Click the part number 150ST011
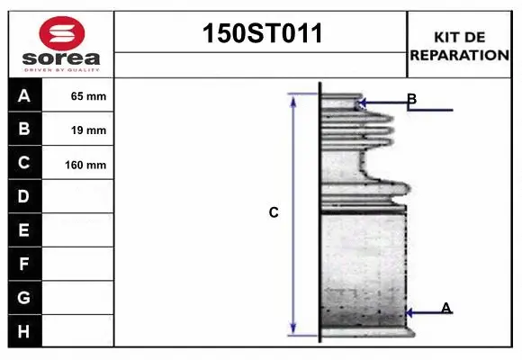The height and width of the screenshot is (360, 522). tap(260, 33)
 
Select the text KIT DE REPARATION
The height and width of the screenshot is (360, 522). tap(459, 45)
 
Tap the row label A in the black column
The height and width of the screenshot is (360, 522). tap(24, 95)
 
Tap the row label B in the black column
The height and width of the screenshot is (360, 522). tap(24, 129)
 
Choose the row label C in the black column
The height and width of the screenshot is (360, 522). tap(24, 163)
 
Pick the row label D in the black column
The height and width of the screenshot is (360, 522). tap(24, 196)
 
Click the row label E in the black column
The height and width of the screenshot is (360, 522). tap(24, 230)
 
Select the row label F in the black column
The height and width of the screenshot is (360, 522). tap(24, 264)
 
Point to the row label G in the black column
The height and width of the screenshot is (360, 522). tap(24, 297)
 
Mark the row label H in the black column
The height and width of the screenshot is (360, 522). tap(24, 330)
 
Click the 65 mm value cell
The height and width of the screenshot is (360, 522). tap(88, 96)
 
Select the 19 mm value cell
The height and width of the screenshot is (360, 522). tap(88, 130)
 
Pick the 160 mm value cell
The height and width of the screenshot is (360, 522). tap(88, 165)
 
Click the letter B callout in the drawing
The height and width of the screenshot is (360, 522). tap(411, 99)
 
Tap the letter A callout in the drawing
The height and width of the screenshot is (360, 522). tap(445, 308)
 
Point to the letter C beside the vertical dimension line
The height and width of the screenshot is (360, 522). tap(274, 213)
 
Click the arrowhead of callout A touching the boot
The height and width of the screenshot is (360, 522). tap(409, 313)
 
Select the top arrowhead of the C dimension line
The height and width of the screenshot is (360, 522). tap(292, 97)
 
